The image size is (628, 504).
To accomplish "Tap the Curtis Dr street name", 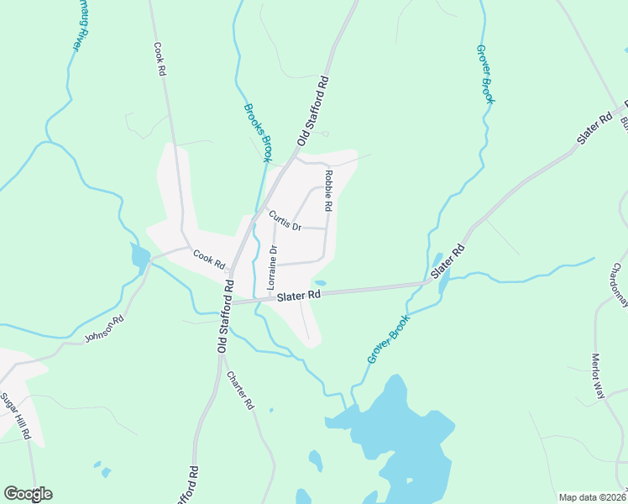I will pyautogui.click(x=285, y=220).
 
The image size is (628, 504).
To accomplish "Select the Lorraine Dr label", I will pyautogui.click(x=272, y=268).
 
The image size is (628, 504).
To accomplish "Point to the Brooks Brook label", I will pyautogui.click(x=259, y=132).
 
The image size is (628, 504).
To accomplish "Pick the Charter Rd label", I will pyautogui.click(x=240, y=389).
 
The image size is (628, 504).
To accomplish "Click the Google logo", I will pyautogui.click(x=28, y=494).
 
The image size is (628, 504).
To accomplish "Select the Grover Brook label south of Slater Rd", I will pyautogui.click(x=388, y=339).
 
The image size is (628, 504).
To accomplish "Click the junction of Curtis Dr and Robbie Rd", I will pyautogui.click(x=326, y=228).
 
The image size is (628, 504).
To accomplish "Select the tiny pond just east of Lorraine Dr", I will pyautogui.click(x=320, y=282).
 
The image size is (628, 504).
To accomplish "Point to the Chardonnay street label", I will pyautogui.click(x=619, y=286).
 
